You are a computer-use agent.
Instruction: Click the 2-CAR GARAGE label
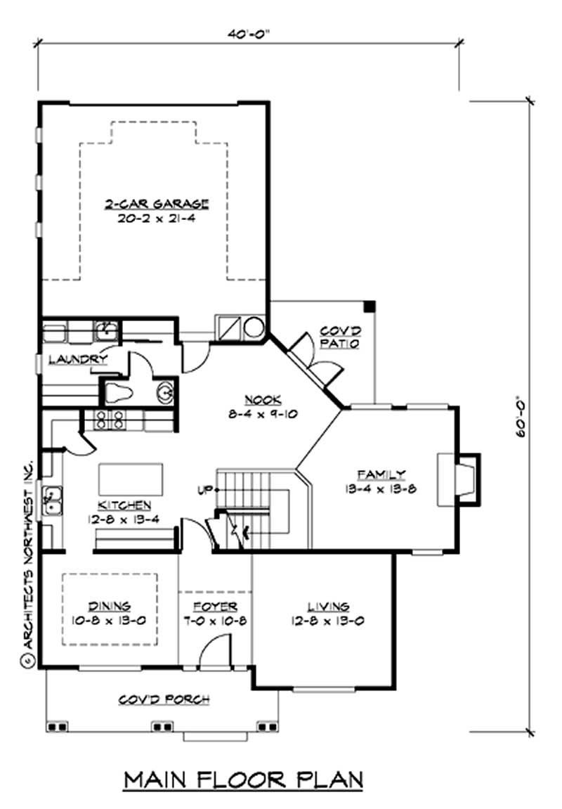[156, 205]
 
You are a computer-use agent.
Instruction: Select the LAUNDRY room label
[77, 359]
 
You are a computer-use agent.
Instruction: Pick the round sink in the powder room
[166, 391]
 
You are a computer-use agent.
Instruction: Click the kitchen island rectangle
[131, 479]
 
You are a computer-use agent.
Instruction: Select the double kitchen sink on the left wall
[51, 500]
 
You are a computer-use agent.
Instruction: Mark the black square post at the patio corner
[370, 306]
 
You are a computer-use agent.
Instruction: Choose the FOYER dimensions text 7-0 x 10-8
[215, 621]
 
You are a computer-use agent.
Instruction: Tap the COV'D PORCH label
[164, 699]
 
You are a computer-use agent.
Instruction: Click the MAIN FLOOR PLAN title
[244, 779]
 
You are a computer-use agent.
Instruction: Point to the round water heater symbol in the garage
[254, 326]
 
